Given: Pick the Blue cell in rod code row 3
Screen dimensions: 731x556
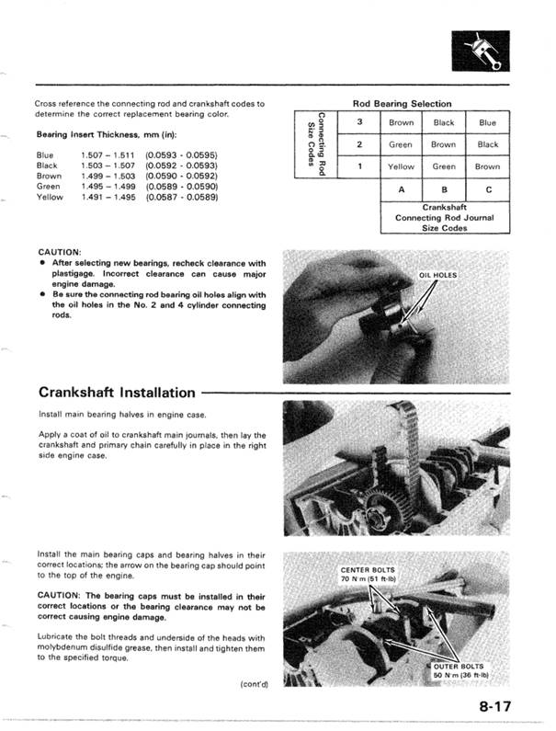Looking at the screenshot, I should point(487,122).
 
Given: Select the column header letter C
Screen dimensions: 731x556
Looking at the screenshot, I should point(487,190).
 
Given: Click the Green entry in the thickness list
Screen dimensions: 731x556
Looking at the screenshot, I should point(47,186).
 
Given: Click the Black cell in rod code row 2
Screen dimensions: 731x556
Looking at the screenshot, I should point(487,144).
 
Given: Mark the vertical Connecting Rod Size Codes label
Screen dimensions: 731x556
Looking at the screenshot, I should point(313,143).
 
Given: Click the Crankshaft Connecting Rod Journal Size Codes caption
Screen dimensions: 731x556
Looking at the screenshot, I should point(444,218).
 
